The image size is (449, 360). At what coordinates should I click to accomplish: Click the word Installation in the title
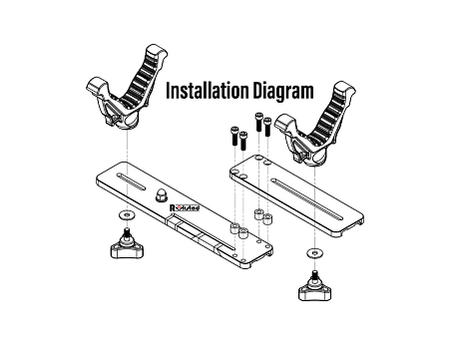click(208, 91)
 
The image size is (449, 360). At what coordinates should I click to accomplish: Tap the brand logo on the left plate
click(185, 207)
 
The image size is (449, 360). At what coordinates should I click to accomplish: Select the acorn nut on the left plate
click(162, 195)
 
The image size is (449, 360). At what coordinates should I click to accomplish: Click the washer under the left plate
click(127, 215)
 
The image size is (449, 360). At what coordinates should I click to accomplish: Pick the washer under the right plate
click(315, 253)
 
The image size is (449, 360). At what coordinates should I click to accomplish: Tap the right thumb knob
click(314, 287)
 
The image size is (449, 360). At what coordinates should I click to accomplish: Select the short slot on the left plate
click(131, 181)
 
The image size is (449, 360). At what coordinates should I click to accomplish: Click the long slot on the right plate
click(306, 199)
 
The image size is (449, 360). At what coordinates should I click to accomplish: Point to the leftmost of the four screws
click(234, 136)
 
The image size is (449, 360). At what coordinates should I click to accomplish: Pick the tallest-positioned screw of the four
click(258, 122)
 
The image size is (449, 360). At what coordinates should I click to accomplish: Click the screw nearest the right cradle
click(267, 127)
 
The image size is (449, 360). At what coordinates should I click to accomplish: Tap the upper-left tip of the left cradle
click(96, 83)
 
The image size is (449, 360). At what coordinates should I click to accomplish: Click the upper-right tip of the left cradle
click(157, 51)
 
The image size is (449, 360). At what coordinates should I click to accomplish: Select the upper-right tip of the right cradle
click(345, 87)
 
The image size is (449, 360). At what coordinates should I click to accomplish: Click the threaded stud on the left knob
click(127, 232)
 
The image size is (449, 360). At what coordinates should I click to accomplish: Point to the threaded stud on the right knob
click(314, 274)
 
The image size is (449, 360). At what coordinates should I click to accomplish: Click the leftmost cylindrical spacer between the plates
click(234, 227)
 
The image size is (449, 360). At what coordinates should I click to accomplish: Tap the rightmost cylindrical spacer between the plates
click(267, 219)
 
